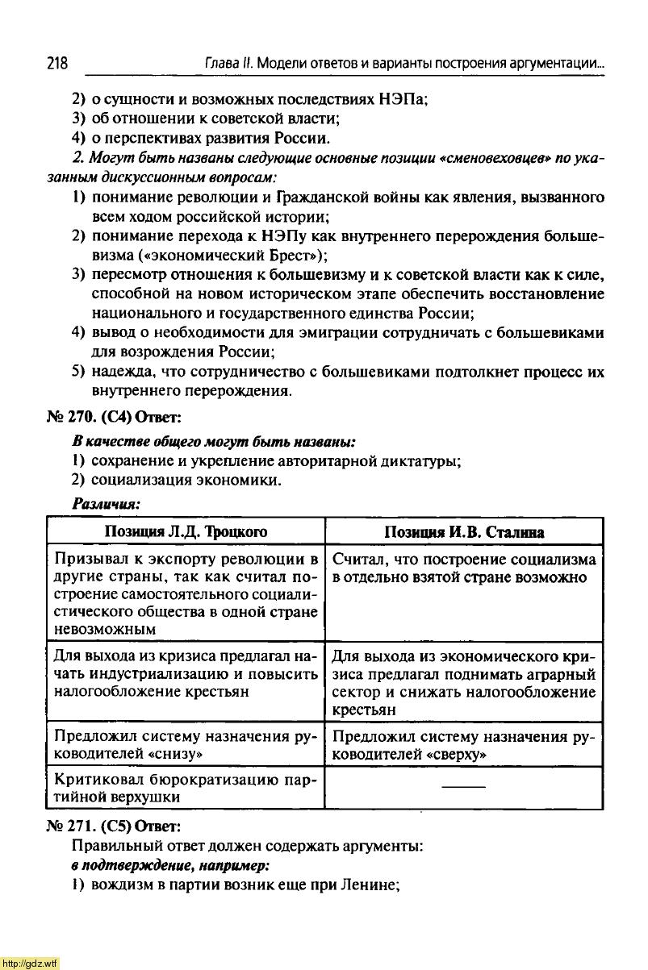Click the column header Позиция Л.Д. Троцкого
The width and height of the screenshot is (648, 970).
coord(186,532)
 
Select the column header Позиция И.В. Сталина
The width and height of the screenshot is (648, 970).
coord(463,532)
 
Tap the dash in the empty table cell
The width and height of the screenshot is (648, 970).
coord(464,785)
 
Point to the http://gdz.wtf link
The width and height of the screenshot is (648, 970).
coord(30,963)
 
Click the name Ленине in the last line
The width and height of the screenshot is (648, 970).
coord(373,885)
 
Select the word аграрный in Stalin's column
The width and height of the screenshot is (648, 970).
coord(565,674)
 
